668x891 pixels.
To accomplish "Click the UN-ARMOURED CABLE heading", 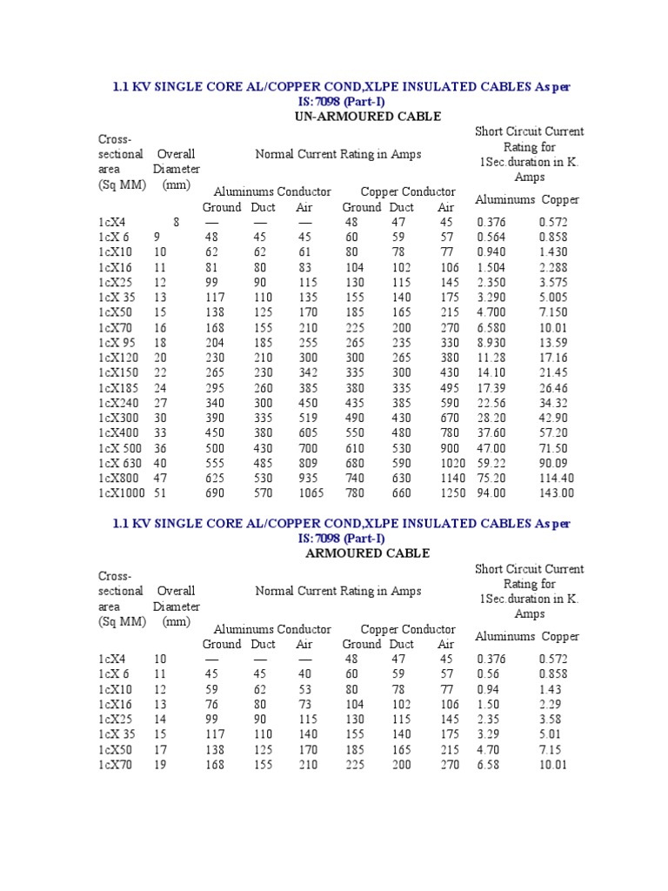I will [x=369, y=117].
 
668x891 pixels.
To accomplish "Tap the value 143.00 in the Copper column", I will [x=557, y=493].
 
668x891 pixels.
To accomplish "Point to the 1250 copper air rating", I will [x=451, y=493].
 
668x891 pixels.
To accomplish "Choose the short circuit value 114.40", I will [x=557, y=478].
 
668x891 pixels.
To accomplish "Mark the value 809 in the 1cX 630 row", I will [x=307, y=463].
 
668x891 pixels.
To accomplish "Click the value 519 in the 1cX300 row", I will [x=307, y=418].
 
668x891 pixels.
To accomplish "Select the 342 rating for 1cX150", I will [x=307, y=372].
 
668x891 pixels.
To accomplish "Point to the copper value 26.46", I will [x=553, y=388].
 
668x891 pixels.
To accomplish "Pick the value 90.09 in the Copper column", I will [x=553, y=463].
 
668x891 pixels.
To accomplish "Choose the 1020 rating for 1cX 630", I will [x=451, y=463].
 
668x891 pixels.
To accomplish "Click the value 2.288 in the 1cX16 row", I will [x=553, y=267].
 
